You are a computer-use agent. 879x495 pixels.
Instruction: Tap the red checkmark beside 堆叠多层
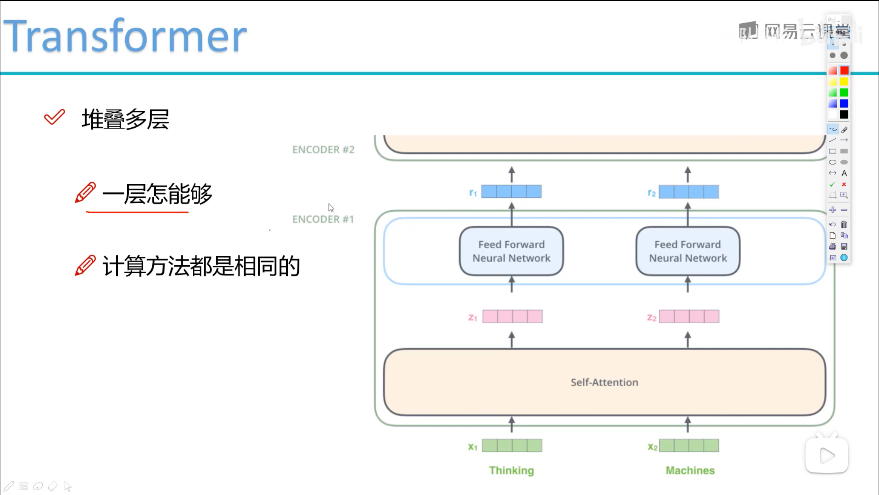(54, 117)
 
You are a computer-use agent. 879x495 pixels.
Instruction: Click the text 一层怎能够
(157, 194)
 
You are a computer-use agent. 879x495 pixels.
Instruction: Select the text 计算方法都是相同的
(201, 266)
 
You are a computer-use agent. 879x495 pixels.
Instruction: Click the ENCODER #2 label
(323, 150)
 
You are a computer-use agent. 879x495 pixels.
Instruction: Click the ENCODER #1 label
(323, 219)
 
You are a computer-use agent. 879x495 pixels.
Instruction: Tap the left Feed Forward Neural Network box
(511, 251)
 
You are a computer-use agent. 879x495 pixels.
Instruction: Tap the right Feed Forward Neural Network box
(687, 251)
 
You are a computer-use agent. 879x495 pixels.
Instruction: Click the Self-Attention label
(604, 382)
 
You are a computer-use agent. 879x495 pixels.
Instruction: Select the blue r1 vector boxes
(511, 192)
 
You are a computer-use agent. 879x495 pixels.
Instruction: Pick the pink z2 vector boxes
(689, 317)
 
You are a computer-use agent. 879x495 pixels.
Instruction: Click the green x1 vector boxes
(512, 446)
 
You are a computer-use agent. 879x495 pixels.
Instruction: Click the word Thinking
(511, 470)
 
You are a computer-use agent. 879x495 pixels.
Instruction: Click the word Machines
(690, 470)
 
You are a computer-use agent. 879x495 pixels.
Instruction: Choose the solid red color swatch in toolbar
(844, 71)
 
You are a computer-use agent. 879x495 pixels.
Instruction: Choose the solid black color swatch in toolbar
(844, 115)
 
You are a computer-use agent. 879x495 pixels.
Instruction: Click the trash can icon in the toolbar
(844, 225)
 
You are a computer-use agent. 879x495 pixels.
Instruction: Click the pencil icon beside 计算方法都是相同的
(85, 265)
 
